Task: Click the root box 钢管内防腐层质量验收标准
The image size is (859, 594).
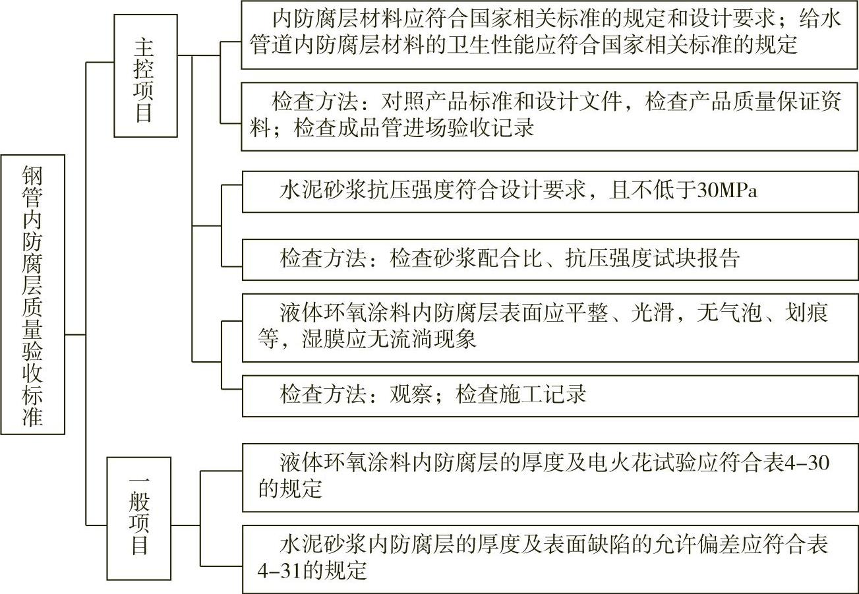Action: [x=33, y=295]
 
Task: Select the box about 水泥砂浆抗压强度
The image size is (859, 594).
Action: [x=550, y=191]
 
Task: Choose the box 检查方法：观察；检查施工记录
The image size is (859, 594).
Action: [x=550, y=395]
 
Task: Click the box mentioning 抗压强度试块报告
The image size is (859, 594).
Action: [x=550, y=259]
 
